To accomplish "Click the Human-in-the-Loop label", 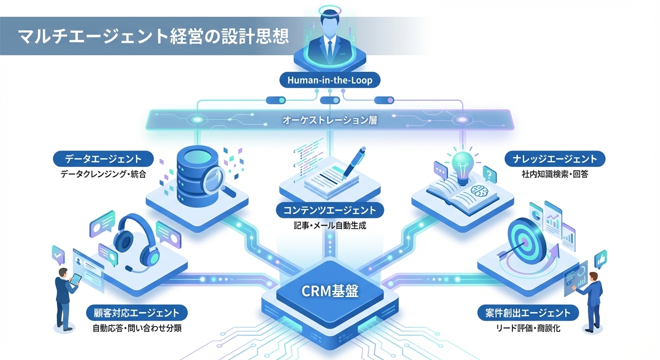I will (330, 80).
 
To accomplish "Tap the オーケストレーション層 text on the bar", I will (330, 120).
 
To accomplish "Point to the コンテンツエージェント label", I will (330, 210).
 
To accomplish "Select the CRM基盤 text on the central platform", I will (330, 292).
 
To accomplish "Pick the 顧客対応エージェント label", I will (136, 312).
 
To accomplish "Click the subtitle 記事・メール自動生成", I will (330, 225).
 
